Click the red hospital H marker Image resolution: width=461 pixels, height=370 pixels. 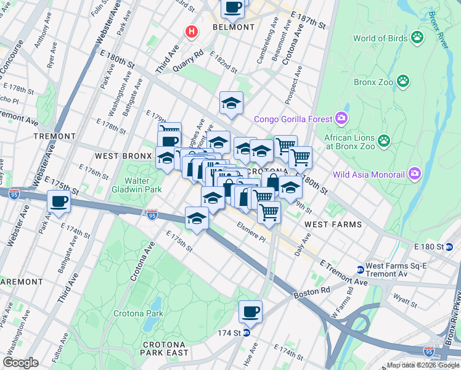192,31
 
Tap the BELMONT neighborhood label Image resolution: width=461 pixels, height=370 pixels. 233,27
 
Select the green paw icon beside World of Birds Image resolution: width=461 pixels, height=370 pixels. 418,38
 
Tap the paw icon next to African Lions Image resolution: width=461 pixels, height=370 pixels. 385,141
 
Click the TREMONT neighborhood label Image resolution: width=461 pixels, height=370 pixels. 55,136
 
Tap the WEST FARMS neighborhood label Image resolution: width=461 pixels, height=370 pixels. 333,224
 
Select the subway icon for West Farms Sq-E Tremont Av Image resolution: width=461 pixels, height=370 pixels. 360,269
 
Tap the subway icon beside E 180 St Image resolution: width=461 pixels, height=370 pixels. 449,247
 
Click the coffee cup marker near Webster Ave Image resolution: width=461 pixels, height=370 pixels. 59,201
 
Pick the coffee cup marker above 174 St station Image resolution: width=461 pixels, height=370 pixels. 250,311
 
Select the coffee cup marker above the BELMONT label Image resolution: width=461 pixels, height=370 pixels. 232,8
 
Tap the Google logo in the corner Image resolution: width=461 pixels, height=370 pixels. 21,363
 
